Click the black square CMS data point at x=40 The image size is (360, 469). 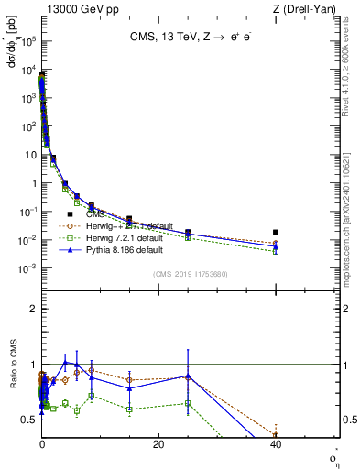tap(276, 233)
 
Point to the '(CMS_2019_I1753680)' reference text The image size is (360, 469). tap(190, 273)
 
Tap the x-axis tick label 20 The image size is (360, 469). tap(158, 444)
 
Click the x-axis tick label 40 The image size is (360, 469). tap(276, 444)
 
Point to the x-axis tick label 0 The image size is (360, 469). tap(42, 444)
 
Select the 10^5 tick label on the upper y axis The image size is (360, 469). tap(27, 41)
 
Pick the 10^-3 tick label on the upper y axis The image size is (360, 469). tap(27, 268)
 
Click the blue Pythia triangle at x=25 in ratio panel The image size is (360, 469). tap(188, 376)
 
